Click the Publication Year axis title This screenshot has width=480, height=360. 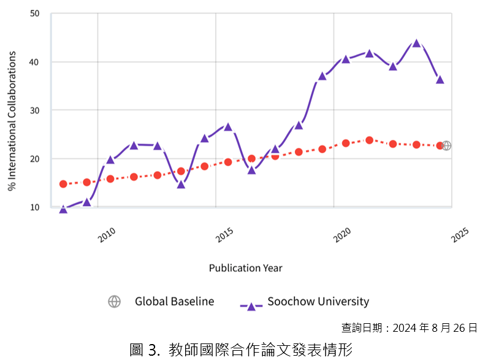[x=245, y=268]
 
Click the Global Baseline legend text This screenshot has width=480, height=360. [x=174, y=301]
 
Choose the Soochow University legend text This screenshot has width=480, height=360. [x=318, y=301]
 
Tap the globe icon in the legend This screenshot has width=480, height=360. [x=114, y=301]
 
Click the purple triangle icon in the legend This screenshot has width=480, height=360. [x=251, y=305]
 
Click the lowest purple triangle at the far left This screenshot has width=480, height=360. [x=63, y=210]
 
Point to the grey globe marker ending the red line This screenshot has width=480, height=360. [x=447, y=146]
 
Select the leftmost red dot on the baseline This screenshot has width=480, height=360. [x=63, y=184]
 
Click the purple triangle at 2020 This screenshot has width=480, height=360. [x=346, y=59]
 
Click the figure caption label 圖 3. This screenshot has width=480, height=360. [x=145, y=350]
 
